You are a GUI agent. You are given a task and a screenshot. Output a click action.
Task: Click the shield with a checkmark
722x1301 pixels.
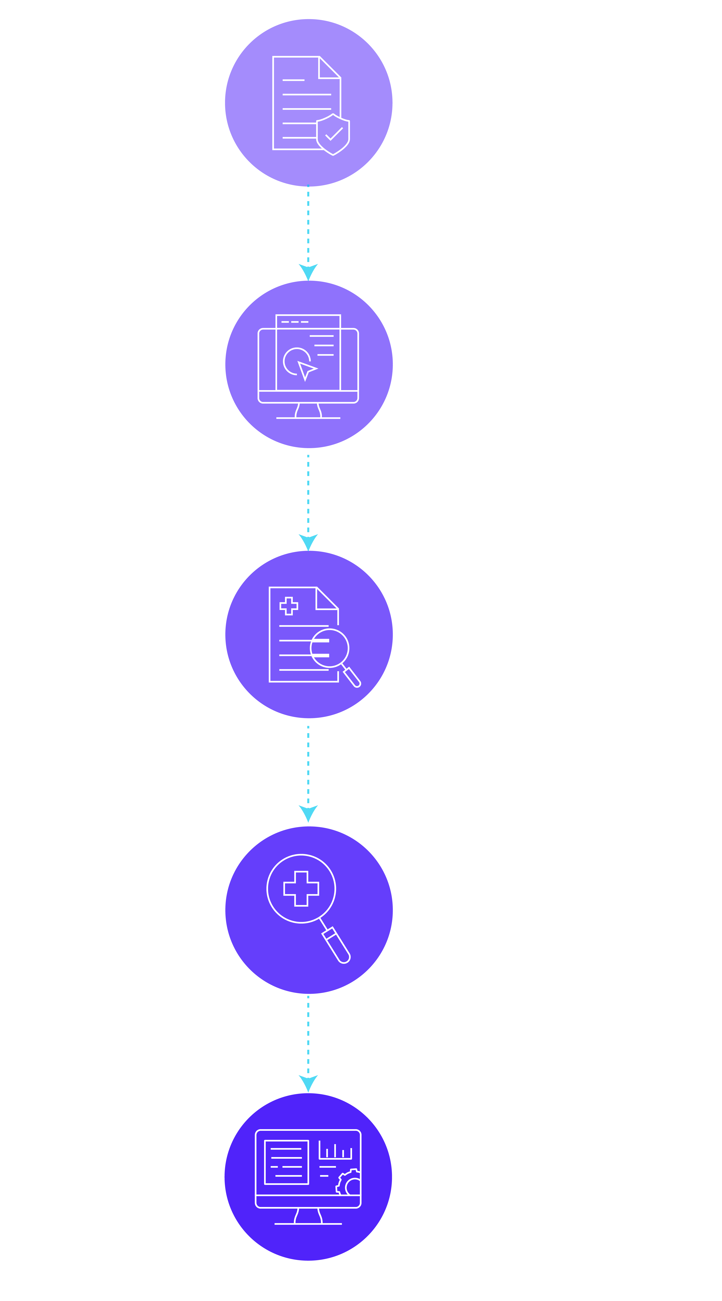click(332, 134)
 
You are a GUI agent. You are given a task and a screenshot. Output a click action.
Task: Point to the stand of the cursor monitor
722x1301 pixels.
click(308, 411)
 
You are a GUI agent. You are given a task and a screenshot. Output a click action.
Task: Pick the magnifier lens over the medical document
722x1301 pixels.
click(329, 648)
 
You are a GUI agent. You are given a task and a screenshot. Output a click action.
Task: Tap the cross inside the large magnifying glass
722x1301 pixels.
click(301, 888)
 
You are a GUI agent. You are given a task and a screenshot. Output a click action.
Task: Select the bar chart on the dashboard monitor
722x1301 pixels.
click(335, 1150)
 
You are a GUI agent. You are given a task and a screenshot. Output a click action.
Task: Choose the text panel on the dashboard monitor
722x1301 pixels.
click(286, 1162)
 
